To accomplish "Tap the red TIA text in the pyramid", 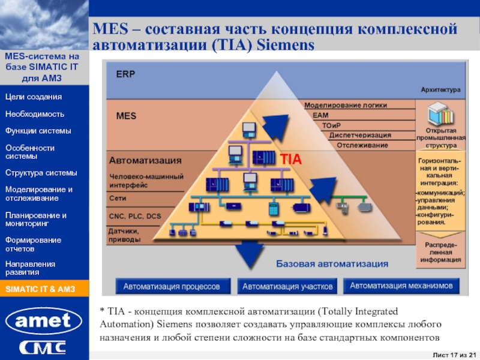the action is pyautogui.click(x=290, y=160).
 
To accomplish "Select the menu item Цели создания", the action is pyautogui.click(x=34, y=97).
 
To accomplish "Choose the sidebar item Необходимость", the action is pyautogui.click(x=35, y=113).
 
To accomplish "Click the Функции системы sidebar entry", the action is pyautogui.click(x=38, y=130).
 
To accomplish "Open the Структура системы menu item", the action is pyautogui.click(x=41, y=173).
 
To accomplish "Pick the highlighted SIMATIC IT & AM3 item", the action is pyautogui.click(x=40, y=289).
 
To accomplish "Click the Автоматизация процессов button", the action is pyautogui.click(x=172, y=287).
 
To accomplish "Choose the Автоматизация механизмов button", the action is pyautogui.click(x=401, y=286).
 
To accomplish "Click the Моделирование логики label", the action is pyautogui.click(x=346, y=104).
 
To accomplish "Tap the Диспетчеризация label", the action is pyautogui.click(x=358, y=135).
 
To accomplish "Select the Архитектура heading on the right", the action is pyautogui.click(x=440, y=90).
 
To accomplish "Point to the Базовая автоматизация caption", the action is pyautogui.click(x=332, y=263).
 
